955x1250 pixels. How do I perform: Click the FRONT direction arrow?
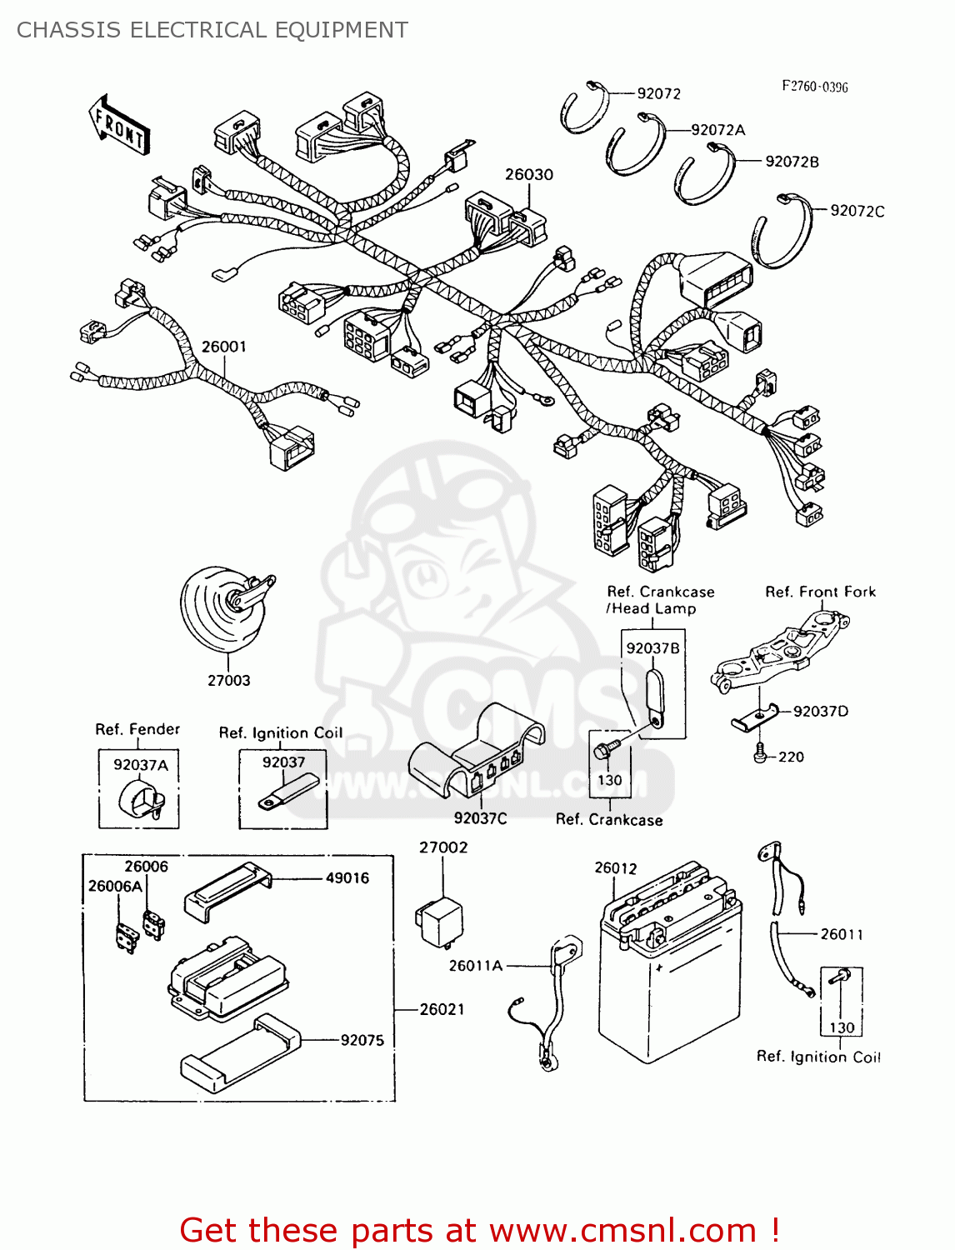point(119,125)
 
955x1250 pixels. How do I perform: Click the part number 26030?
point(528,174)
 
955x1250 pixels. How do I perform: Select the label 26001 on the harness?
point(223,347)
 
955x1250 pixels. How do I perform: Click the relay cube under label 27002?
point(438,922)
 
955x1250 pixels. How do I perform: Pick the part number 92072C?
point(857,211)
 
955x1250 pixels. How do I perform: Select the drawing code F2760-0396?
point(814,87)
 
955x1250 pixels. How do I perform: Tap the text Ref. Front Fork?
point(820,592)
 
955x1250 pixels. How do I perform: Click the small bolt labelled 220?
point(759,756)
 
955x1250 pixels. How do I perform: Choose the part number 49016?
point(347,877)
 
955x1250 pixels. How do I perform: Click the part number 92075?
point(362,1040)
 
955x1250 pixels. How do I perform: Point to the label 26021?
point(442,1009)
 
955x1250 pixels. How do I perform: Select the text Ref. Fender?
point(137,729)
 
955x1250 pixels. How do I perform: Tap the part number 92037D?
point(820,711)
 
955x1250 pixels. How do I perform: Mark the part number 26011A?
point(475,965)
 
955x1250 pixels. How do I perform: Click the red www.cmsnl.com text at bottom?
point(622,1230)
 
